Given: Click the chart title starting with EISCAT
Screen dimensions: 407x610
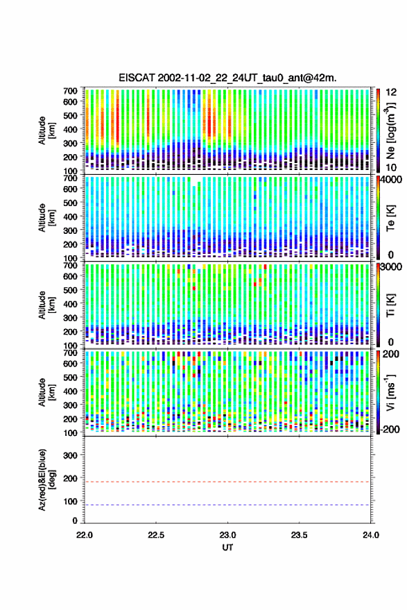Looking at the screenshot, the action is point(227,78).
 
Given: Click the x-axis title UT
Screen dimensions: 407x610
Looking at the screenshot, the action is point(227,548).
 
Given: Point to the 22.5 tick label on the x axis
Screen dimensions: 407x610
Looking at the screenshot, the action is point(156,535).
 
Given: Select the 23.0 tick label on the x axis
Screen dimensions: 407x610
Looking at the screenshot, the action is point(227,535).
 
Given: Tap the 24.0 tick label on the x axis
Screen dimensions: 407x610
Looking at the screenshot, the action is point(370,535).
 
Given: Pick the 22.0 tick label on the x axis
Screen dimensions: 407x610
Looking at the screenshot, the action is point(85,535).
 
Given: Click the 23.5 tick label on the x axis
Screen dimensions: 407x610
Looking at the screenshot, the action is point(299,535).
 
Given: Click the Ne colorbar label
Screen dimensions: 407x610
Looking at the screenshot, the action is point(390,130).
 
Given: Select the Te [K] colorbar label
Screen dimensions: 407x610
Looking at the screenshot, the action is point(390,218).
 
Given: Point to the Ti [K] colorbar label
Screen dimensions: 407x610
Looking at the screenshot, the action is point(390,305).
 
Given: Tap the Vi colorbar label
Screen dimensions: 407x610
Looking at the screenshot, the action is point(390,392).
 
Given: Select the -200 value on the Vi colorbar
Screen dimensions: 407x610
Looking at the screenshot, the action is point(390,430).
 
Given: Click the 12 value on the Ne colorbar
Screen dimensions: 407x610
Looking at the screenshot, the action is point(391,92).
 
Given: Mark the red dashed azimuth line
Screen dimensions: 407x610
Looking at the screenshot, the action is point(227,482).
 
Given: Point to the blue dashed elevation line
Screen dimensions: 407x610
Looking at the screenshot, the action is point(227,505).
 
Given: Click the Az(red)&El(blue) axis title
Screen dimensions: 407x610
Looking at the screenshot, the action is point(46,480).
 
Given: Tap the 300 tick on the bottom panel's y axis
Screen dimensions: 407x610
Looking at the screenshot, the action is point(70,455).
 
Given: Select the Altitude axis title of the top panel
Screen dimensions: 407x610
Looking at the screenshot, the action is point(46,130).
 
